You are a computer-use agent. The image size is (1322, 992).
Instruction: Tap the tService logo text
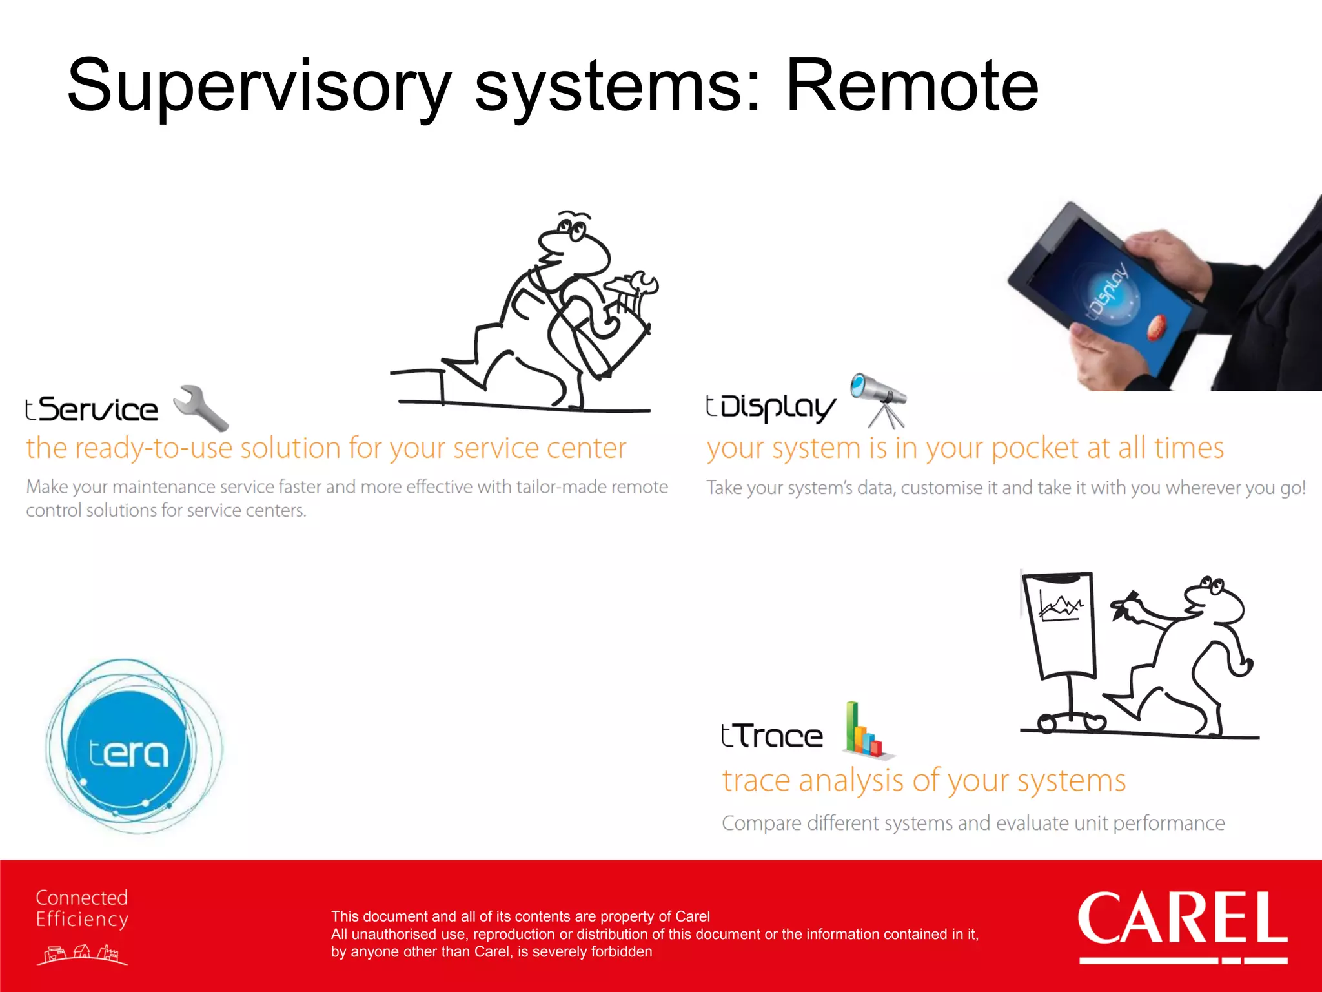point(92,409)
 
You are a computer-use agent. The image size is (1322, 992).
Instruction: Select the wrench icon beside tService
point(201,408)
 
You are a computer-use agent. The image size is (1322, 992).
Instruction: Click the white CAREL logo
point(1183,920)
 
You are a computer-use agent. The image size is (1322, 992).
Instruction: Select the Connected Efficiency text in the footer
point(81,908)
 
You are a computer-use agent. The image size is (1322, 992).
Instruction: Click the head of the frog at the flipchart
point(1214,601)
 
